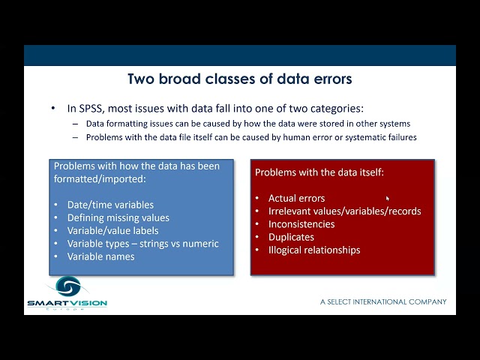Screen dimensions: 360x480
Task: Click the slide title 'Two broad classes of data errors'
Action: coord(239,79)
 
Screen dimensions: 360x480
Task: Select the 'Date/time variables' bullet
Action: coord(110,205)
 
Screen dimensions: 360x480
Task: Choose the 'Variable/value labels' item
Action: coord(112,230)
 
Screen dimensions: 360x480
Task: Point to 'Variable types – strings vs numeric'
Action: coord(142,243)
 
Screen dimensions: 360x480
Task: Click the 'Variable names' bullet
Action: coord(100,256)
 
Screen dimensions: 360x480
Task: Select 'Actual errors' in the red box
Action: coord(296,198)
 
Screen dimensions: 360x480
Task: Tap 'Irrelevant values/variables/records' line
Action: coord(344,211)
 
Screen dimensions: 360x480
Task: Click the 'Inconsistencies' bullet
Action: coord(301,223)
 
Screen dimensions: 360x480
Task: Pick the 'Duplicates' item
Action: coord(291,237)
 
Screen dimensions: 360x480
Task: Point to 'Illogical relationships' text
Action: coord(314,250)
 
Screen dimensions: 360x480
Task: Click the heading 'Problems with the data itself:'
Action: coord(319,172)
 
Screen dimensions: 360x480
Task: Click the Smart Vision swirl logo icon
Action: coord(67,287)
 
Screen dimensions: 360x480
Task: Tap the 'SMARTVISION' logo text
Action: coord(67,303)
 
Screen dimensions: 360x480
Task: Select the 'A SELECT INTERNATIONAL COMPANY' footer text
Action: coord(383,301)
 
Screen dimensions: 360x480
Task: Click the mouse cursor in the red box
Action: coord(387,199)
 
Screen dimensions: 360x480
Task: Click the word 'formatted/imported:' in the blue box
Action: coord(100,179)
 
